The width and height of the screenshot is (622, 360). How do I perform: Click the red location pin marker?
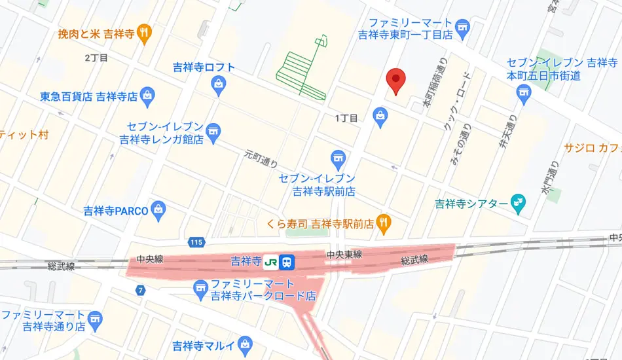tap(395, 80)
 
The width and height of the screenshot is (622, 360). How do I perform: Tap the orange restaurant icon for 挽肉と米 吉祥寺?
tap(145, 31)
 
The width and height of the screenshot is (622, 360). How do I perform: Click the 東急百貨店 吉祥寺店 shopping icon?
tap(148, 96)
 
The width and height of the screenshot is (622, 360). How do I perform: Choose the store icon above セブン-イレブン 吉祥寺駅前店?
tap(338, 158)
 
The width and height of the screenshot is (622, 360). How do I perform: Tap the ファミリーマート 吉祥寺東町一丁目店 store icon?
tap(464, 26)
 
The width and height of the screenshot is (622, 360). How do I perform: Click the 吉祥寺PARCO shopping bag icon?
tap(158, 210)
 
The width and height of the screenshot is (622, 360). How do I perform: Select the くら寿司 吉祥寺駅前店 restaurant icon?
tap(384, 223)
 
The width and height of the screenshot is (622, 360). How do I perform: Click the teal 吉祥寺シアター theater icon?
tap(518, 203)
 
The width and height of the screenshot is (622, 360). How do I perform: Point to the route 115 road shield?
tap(195, 242)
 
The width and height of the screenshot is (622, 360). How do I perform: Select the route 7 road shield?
tap(140, 289)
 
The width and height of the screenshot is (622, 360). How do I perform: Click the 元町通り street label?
tap(261, 158)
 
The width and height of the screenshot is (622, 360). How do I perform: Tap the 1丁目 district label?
tap(346, 118)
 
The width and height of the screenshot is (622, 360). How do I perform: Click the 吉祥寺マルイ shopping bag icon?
tap(246, 343)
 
